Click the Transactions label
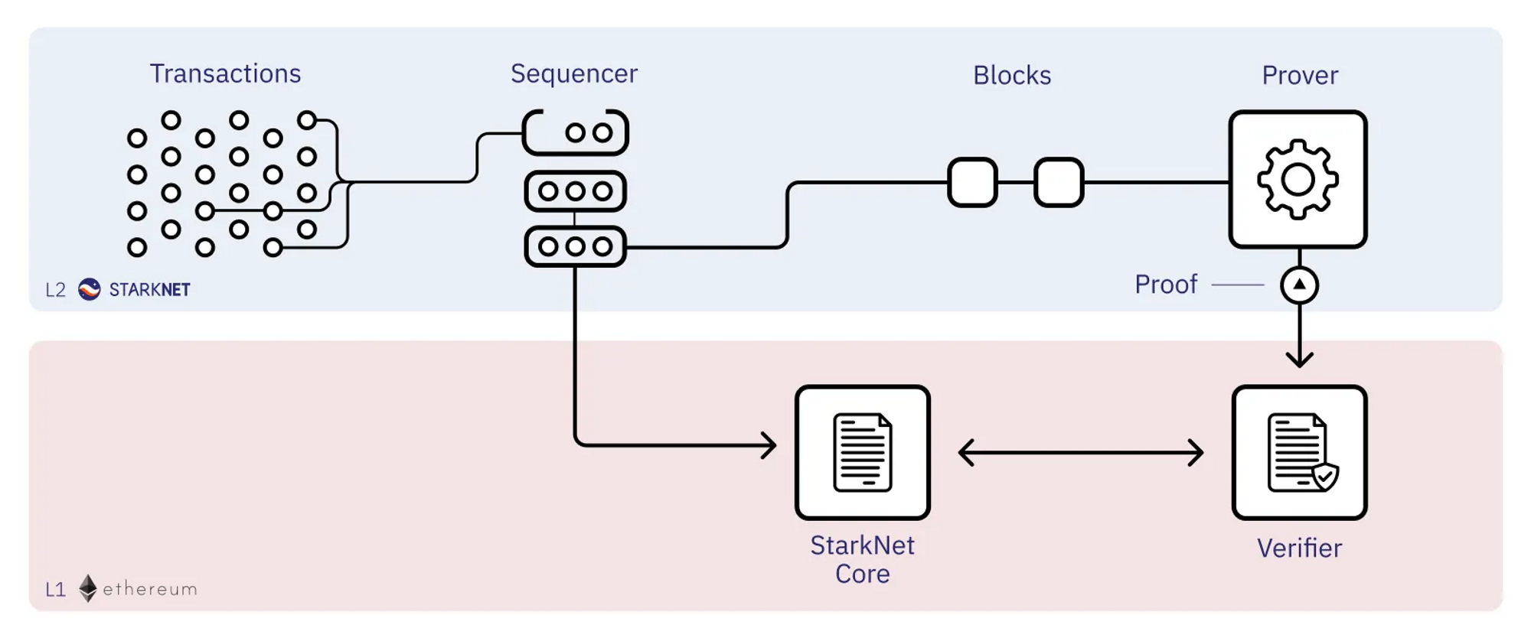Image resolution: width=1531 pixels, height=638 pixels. click(225, 73)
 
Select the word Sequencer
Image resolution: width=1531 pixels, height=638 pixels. click(574, 73)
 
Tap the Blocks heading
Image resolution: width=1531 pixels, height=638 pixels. click(1012, 75)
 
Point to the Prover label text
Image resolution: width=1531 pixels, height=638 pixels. click(1300, 75)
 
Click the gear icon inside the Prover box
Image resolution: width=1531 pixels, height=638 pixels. click(1298, 180)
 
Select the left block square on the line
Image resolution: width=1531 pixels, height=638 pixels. click(972, 182)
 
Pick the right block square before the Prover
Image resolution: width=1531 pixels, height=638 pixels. click(1059, 182)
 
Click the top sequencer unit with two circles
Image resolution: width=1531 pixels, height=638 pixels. click(576, 132)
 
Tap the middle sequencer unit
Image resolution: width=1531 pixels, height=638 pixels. click(576, 191)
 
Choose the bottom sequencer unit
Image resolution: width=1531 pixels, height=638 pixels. click(576, 246)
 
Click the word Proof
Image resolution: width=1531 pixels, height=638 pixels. click(1165, 285)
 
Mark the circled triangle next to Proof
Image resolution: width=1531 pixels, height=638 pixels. click(1299, 285)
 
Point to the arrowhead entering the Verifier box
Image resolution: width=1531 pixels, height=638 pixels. click(1299, 358)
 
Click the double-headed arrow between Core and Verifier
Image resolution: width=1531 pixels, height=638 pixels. click(1080, 452)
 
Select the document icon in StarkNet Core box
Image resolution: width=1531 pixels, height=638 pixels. click(863, 452)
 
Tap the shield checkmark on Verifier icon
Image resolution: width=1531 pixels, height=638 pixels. click(1325, 477)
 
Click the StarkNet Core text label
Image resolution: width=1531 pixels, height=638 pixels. click(863, 559)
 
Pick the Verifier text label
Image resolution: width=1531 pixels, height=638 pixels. click(1299, 548)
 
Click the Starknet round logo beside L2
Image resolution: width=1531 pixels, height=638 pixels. click(90, 289)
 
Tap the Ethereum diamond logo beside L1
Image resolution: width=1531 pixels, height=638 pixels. click(88, 588)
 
